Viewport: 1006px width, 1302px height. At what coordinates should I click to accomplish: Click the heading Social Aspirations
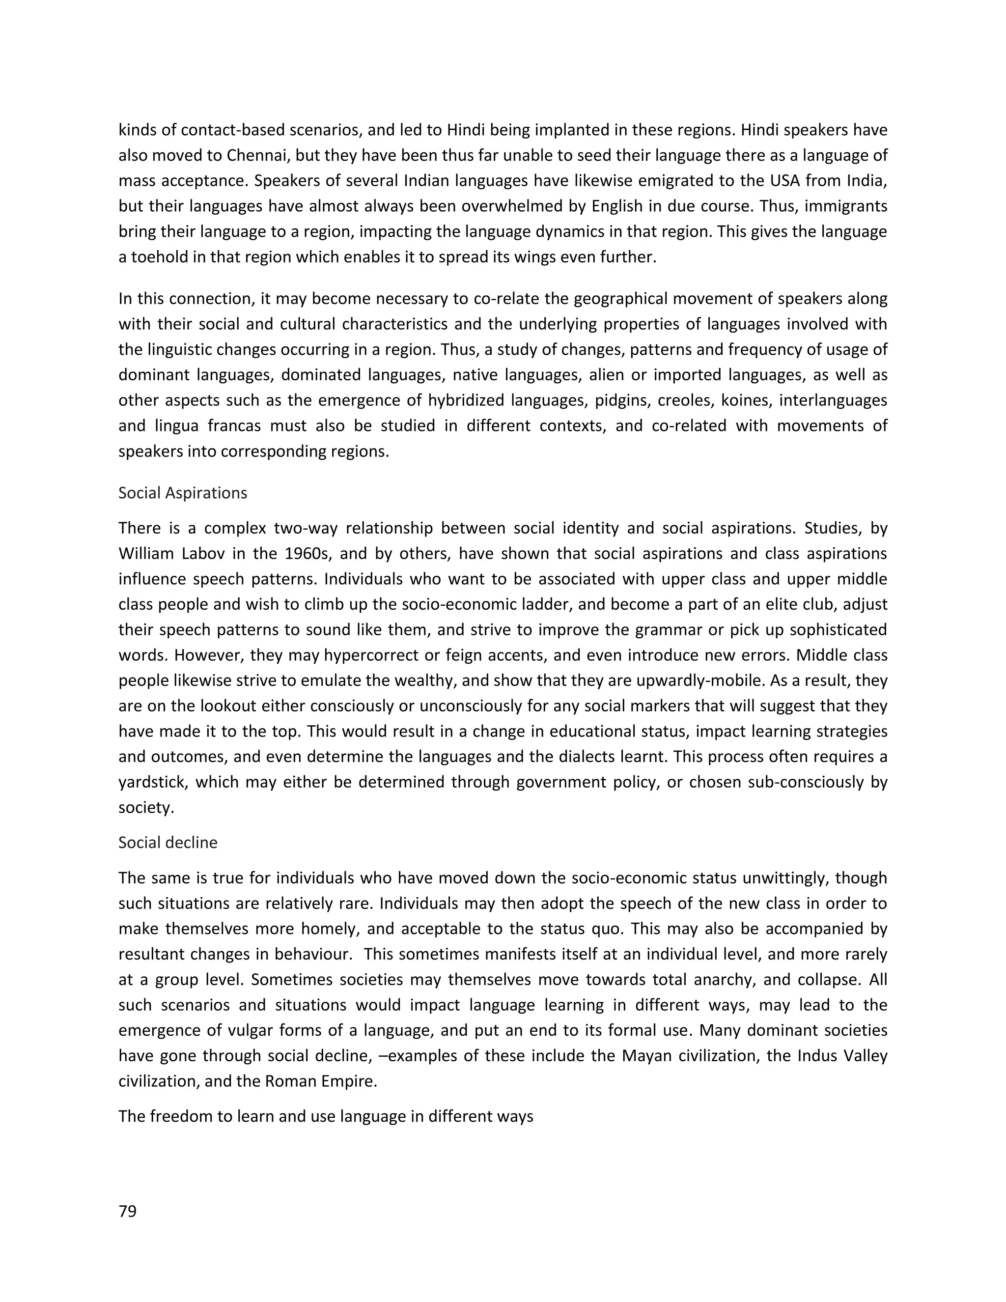[182, 493]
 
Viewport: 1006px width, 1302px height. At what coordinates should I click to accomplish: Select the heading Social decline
[168, 842]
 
